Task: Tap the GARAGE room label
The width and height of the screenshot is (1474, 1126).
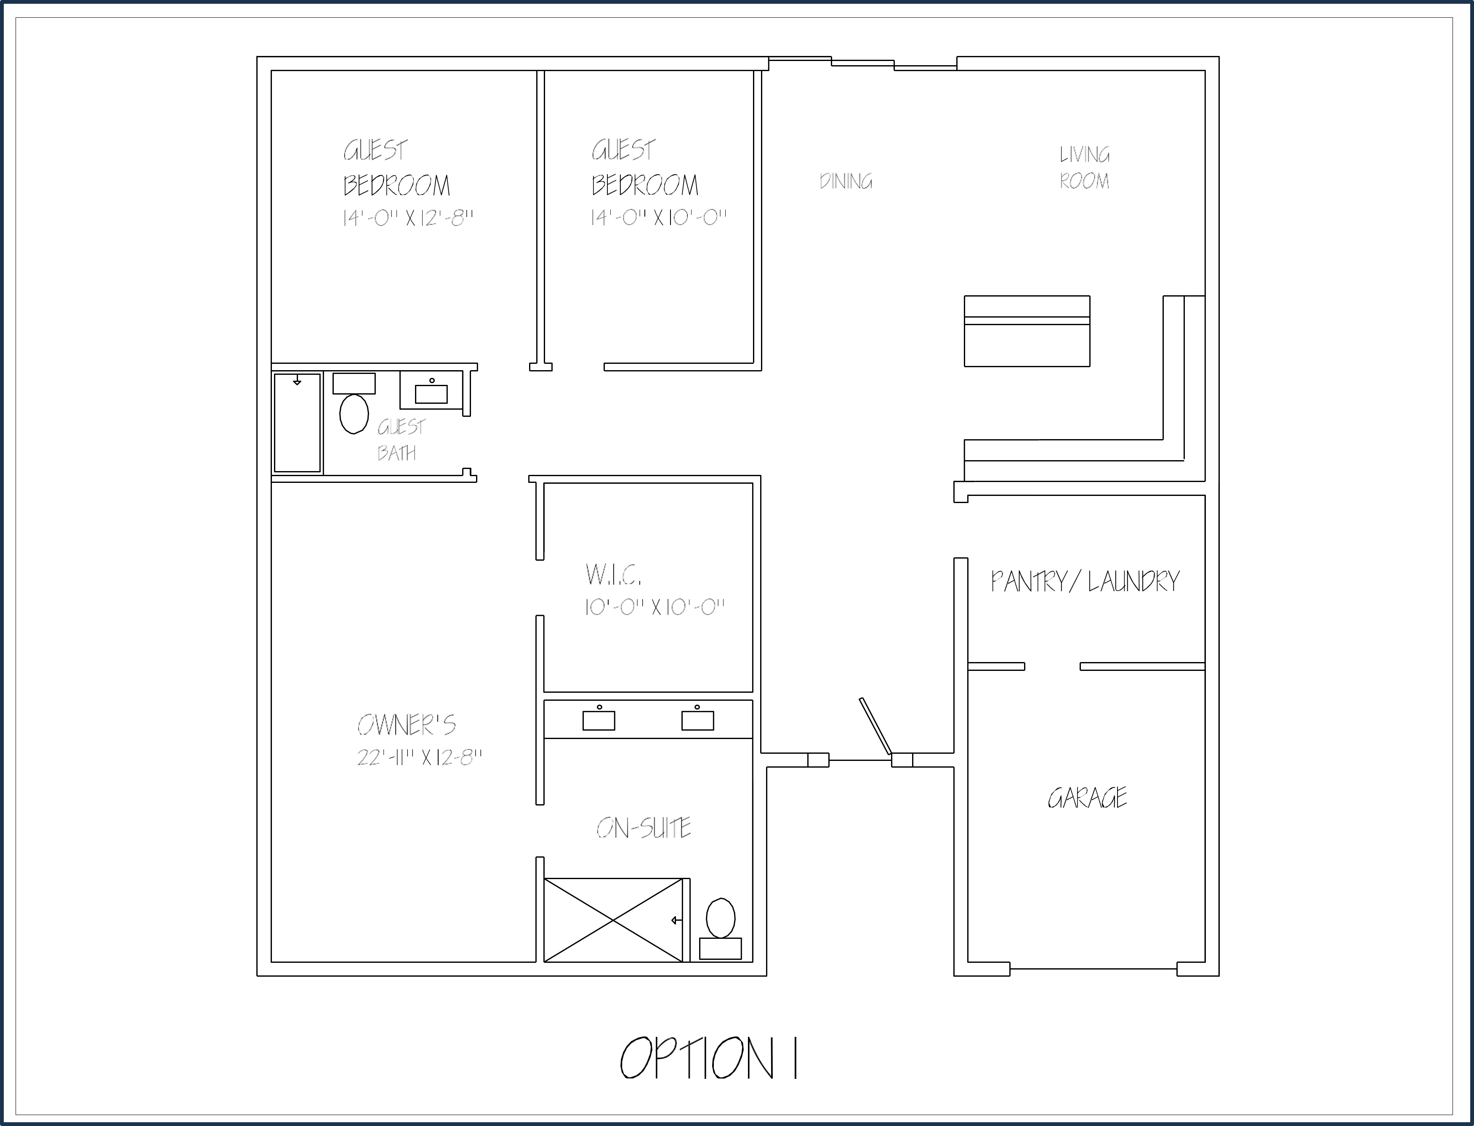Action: point(1087,797)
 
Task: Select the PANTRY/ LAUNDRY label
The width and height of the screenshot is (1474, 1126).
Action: point(1085,581)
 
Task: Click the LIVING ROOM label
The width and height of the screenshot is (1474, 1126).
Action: point(1084,167)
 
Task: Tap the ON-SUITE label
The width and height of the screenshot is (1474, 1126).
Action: point(643,829)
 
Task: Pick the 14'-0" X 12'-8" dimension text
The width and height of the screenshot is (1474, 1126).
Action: point(408,218)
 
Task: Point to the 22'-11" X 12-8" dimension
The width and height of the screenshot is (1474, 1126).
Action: point(419,758)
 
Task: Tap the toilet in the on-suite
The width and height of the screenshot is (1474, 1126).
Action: point(720,929)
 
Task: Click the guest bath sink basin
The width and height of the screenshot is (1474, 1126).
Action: point(431,393)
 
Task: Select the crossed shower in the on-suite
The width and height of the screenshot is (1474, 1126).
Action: point(613,920)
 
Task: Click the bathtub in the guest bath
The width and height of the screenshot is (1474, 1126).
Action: point(297,423)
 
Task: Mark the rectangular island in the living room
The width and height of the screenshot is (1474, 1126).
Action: point(1027,331)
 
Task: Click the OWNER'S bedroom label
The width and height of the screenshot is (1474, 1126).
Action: point(407,725)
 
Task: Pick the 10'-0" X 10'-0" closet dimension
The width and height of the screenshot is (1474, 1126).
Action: point(655,607)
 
